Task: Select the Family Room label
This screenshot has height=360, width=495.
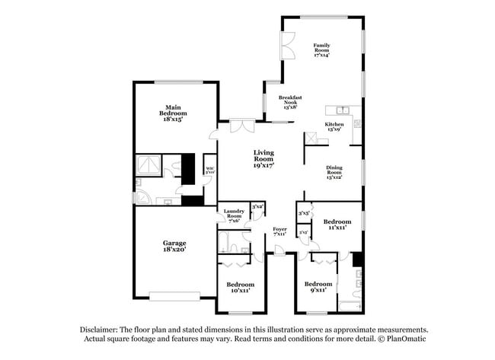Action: pyautogui.click(x=322, y=49)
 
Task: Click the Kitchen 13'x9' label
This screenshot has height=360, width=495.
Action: pyautogui.click(x=334, y=126)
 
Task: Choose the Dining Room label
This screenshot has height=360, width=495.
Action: pyautogui.click(x=334, y=172)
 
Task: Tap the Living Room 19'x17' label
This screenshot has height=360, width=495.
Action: pyautogui.click(x=263, y=158)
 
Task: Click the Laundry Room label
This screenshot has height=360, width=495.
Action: pyautogui.click(x=233, y=215)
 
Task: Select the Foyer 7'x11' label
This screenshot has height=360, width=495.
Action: pyautogui.click(x=279, y=231)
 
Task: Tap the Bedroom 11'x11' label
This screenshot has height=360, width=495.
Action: pyautogui.click(x=337, y=225)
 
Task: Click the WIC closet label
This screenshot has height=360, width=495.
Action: pyautogui.click(x=209, y=170)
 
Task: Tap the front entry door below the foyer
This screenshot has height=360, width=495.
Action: pyautogui.click(x=279, y=254)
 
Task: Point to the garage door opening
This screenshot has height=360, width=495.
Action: pyautogui.click(x=174, y=295)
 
